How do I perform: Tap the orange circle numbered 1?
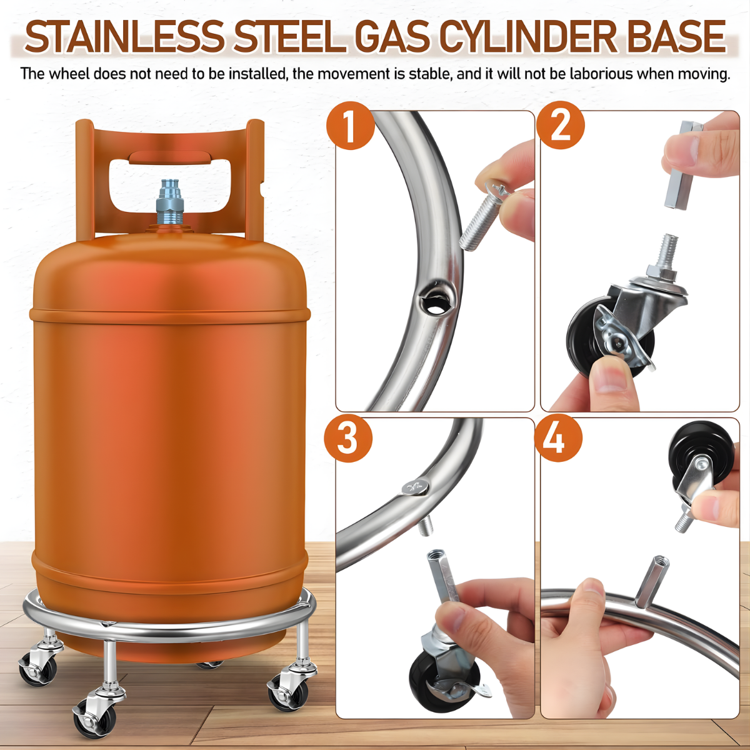click(x=351, y=126)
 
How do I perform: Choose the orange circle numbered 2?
click(x=561, y=126)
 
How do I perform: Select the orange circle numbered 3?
click(x=348, y=438)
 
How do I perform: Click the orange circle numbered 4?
click(x=558, y=438)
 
